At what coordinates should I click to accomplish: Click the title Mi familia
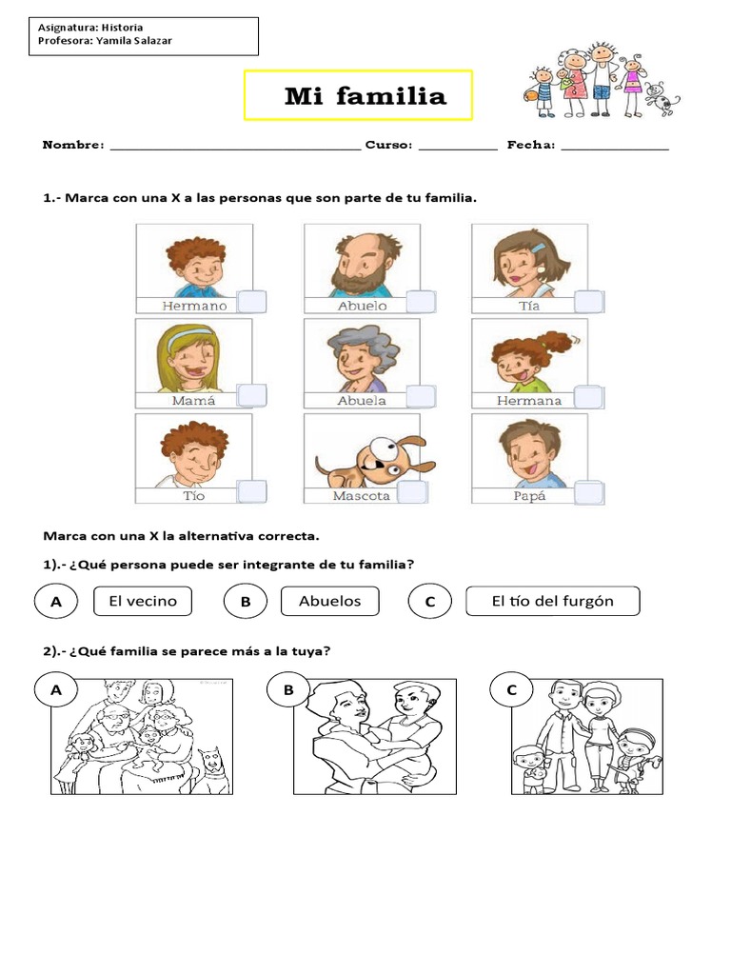click(365, 96)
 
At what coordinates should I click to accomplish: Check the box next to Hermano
click(251, 302)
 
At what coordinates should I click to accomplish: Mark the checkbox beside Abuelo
click(420, 302)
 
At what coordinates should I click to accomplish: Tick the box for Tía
click(588, 302)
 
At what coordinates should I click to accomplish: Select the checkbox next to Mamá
click(251, 396)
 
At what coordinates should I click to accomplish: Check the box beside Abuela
click(420, 396)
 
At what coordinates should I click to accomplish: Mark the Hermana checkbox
click(588, 396)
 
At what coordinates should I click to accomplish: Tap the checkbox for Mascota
click(412, 492)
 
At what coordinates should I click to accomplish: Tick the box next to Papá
click(588, 492)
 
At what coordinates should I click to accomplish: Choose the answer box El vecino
click(143, 601)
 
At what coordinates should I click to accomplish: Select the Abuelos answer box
click(329, 601)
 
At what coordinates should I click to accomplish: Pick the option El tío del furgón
click(552, 601)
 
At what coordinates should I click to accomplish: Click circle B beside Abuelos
click(245, 602)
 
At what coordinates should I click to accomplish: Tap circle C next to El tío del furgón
click(429, 602)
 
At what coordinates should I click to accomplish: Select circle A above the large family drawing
click(56, 691)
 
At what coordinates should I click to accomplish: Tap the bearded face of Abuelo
click(360, 266)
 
